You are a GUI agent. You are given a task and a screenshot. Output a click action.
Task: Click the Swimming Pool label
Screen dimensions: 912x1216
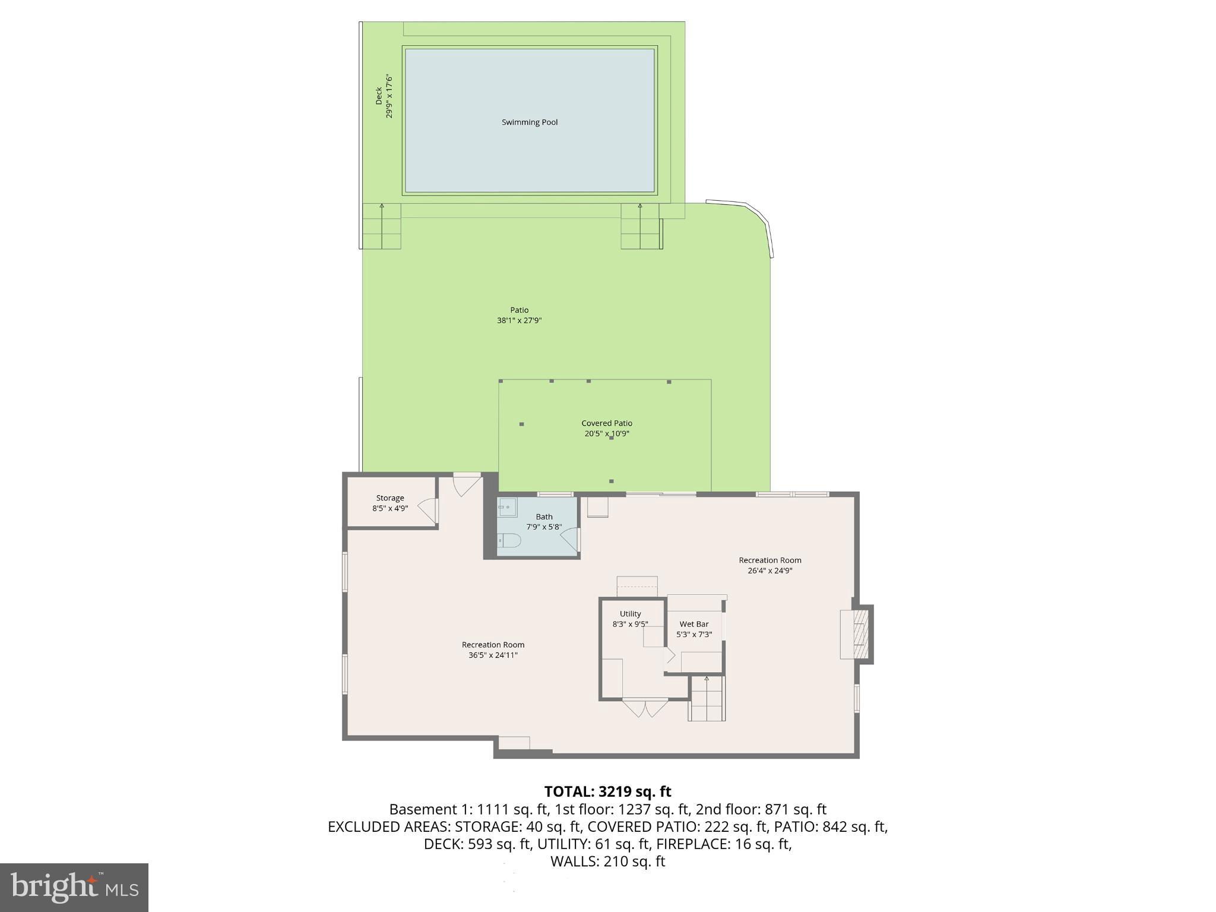(530, 122)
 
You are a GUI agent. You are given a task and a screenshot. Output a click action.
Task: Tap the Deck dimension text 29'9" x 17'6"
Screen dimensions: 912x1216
(389, 96)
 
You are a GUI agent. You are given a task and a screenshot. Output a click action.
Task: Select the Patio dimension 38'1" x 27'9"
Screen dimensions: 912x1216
(519, 321)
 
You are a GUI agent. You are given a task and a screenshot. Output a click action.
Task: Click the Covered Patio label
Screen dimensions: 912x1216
(606, 423)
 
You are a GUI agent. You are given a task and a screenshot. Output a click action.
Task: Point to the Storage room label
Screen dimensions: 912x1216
(390, 498)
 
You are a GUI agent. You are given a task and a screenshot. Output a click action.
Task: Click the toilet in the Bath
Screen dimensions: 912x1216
(509, 540)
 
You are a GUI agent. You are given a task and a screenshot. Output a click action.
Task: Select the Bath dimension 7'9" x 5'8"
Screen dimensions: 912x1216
(544, 527)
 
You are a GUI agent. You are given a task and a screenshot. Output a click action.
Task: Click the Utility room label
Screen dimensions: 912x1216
(630, 614)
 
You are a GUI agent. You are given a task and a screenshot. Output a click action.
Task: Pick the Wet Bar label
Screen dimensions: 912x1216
(694, 624)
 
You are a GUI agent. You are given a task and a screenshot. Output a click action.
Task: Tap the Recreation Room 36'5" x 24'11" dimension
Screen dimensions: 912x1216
(493, 655)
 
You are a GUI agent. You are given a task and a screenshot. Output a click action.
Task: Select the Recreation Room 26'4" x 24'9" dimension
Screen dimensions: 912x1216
(769, 571)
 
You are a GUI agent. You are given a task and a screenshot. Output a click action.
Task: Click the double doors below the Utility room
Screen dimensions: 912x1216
(645, 708)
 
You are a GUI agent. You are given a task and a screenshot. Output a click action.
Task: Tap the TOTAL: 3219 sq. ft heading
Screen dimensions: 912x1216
(607, 791)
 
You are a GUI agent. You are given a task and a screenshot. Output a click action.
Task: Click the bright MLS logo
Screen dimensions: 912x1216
(74, 887)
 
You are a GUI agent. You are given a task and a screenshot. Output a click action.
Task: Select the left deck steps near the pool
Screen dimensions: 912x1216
(381, 226)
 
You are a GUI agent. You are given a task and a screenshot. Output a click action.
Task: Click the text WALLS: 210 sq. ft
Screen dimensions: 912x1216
(607, 862)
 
